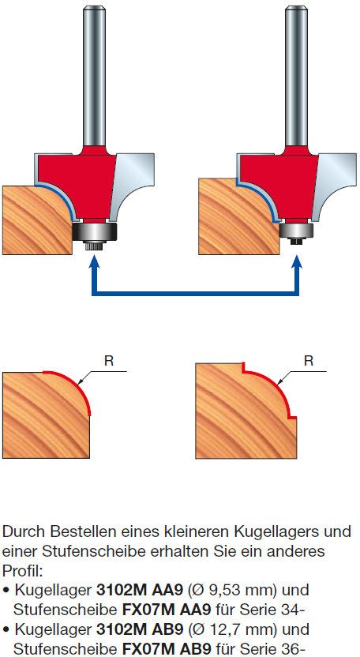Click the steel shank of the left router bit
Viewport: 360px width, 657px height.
(x=94, y=76)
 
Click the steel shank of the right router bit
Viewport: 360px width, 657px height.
(x=296, y=76)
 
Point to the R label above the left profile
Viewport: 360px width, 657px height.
(x=109, y=361)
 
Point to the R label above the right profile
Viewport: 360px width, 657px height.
(x=309, y=361)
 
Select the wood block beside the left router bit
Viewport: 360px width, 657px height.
(x=37, y=220)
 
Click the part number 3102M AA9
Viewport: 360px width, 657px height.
(x=140, y=590)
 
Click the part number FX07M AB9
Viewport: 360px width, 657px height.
(x=167, y=648)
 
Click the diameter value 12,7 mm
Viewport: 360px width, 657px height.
(x=234, y=629)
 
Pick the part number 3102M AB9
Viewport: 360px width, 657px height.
(x=140, y=629)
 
